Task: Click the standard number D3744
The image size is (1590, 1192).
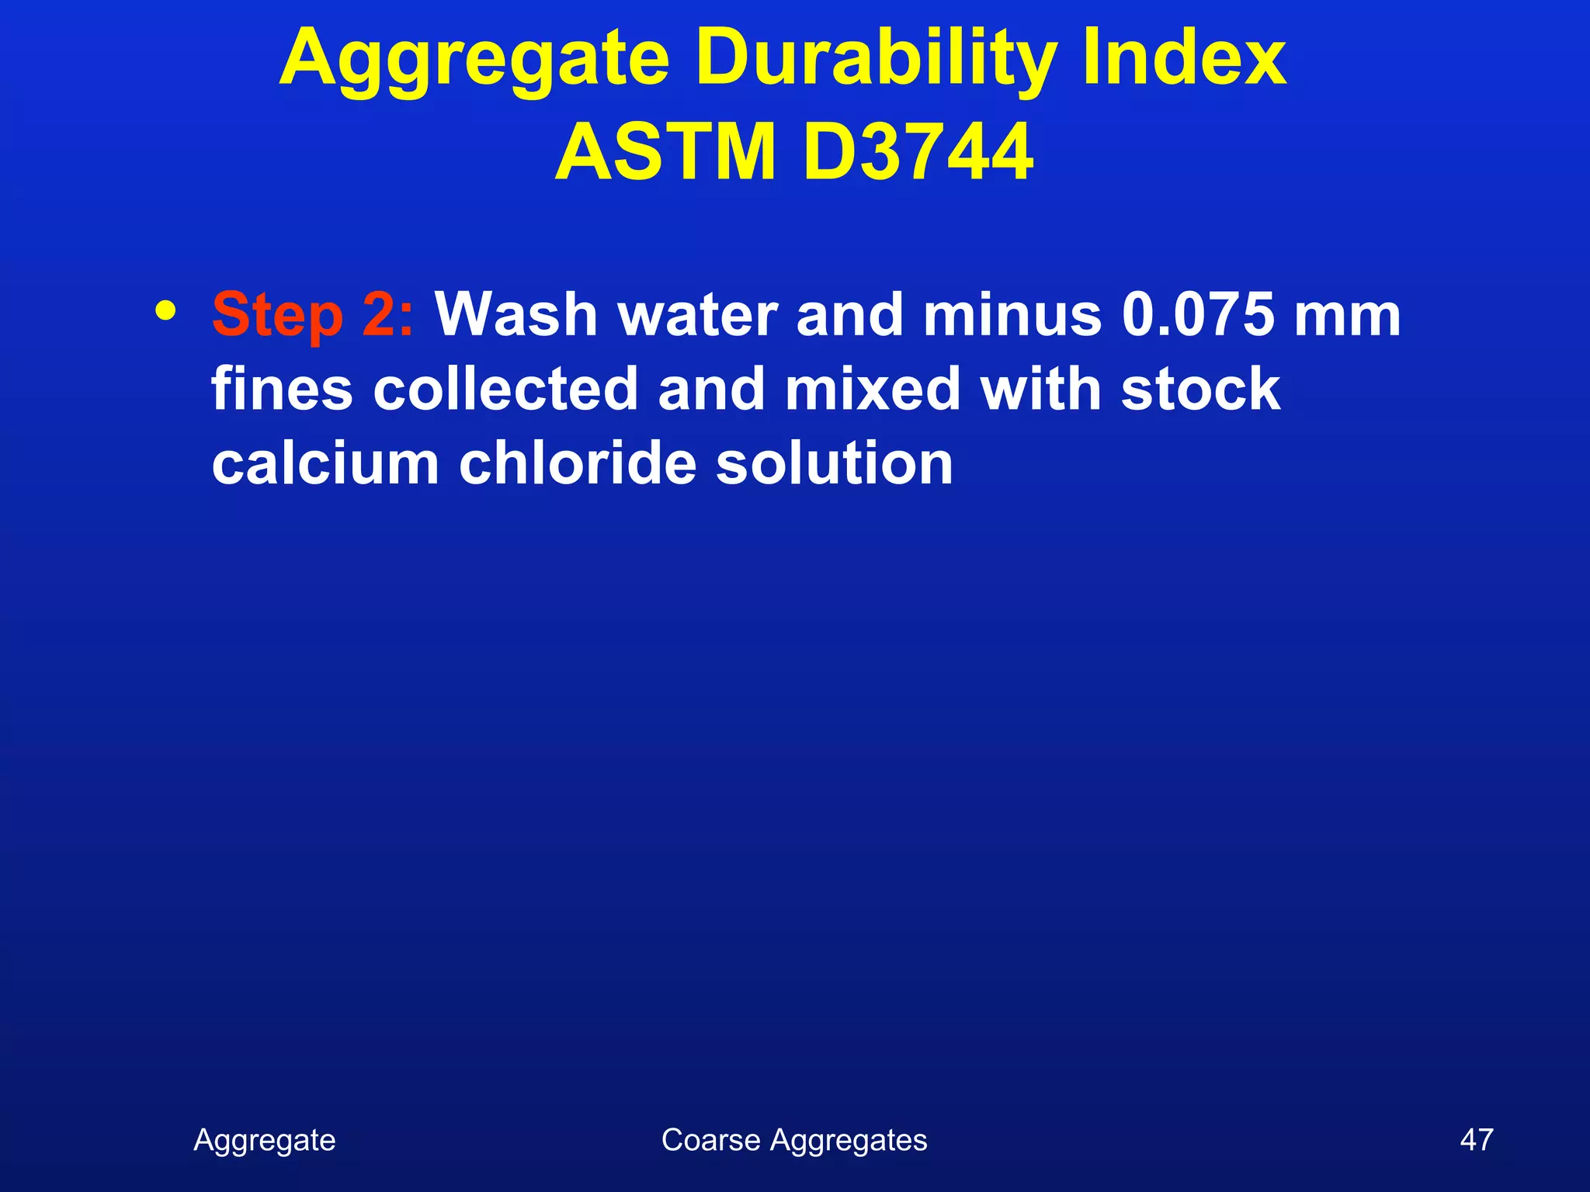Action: [x=918, y=151]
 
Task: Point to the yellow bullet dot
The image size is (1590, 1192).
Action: [x=165, y=310]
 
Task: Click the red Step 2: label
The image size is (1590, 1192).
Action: [x=313, y=315]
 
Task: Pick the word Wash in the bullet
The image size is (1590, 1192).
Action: [x=516, y=315]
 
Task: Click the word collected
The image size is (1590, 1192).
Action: [x=505, y=389]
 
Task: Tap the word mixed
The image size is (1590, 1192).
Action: [x=873, y=389]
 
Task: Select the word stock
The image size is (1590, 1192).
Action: [x=1200, y=389]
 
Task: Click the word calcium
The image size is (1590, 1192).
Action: [x=325, y=463]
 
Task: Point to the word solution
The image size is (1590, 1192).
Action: [x=834, y=463]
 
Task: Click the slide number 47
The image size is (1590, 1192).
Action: [x=1476, y=1140]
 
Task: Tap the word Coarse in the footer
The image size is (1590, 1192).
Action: [x=710, y=1140]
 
